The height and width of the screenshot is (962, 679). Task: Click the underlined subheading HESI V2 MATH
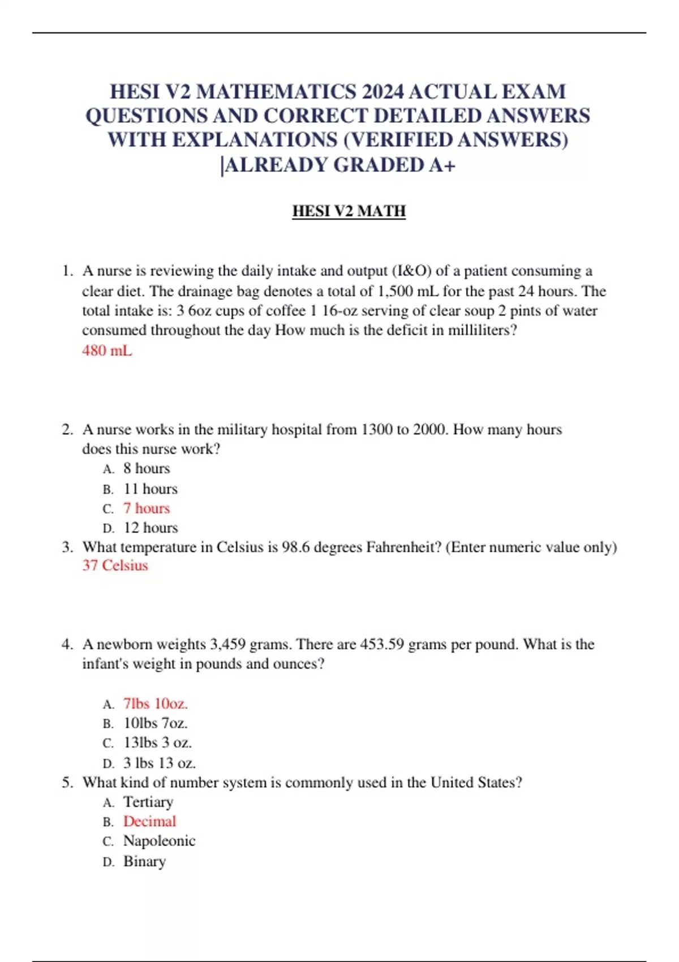click(349, 211)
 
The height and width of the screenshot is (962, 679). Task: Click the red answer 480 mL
click(107, 351)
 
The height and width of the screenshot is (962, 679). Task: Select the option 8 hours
click(147, 469)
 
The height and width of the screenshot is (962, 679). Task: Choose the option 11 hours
click(151, 488)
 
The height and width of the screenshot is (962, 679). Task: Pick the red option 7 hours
click(147, 508)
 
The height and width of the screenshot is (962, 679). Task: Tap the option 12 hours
click(151, 527)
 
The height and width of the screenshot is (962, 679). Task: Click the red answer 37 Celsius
click(115, 565)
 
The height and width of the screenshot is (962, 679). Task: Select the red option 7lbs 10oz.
click(156, 703)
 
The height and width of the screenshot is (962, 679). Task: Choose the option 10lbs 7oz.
click(156, 723)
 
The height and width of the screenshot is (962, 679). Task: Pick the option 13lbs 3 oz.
click(158, 742)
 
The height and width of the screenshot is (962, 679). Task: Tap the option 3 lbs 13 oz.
click(160, 763)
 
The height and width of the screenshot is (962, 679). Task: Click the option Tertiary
click(148, 802)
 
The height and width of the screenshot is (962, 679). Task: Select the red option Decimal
click(149, 821)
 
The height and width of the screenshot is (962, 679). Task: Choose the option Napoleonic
click(159, 841)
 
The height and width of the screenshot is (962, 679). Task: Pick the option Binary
click(144, 861)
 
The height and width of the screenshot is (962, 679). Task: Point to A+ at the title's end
click(442, 165)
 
